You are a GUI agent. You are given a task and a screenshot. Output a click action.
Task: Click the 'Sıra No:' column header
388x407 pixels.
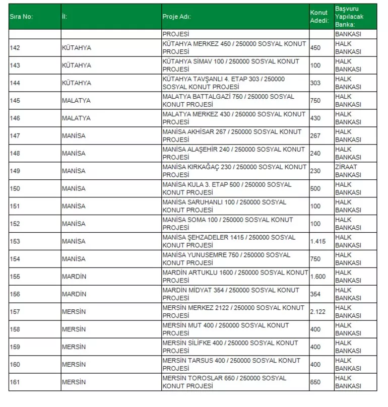coord(21,17)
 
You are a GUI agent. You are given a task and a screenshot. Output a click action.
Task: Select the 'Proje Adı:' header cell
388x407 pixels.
coord(176,17)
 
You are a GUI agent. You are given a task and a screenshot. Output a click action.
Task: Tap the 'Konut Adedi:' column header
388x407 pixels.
coord(319,17)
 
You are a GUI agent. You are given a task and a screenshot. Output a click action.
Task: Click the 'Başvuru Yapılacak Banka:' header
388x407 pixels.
coord(349,17)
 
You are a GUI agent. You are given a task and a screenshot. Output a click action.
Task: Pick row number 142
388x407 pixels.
coord(15,48)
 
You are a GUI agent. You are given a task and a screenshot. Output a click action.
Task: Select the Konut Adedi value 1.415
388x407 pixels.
coord(318,241)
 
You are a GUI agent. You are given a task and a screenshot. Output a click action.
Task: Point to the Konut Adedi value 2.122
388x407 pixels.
coord(318,312)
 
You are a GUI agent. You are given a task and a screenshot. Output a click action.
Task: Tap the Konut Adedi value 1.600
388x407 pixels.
coord(318,277)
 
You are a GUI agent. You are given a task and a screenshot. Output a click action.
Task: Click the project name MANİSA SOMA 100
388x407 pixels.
coord(228,224)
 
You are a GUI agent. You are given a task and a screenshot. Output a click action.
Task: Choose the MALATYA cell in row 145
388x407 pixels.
coord(76,101)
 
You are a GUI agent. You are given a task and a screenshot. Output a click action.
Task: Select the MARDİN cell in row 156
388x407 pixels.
coord(74,294)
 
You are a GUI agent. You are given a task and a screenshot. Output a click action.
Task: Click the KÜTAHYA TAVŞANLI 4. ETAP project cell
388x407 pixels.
coord(224,83)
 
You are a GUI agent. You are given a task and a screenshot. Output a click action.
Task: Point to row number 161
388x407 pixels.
coord(15,382)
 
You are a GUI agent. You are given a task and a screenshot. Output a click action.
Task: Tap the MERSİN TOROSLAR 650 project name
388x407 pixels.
coord(224,382)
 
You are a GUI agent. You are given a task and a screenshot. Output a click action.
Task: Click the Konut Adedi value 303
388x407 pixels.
coord(315,83)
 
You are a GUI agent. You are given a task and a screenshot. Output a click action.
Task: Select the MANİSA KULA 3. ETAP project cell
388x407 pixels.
coord(227,188)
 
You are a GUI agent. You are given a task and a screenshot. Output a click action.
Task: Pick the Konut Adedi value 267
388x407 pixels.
coord(315,136)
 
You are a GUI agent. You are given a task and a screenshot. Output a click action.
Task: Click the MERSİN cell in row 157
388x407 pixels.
coord(74,312)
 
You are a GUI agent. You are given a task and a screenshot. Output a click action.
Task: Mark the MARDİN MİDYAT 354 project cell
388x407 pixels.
coord(231,294)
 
